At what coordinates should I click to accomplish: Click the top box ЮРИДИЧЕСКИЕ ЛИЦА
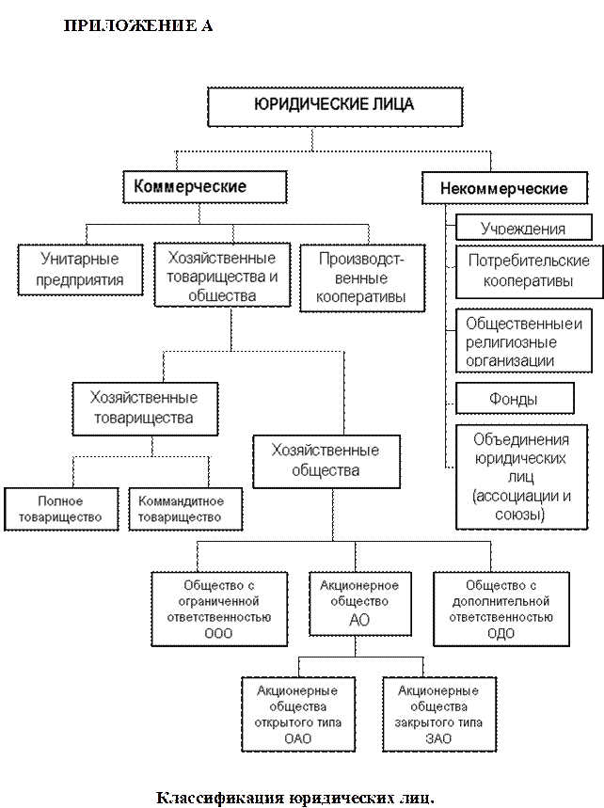(x=334, y=106)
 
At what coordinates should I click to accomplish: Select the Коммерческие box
(x=191, y=186)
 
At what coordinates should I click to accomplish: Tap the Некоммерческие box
(x=503, y=188)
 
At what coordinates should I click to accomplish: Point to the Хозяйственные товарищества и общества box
(x=222, y=277)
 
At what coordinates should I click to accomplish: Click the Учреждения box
(x=523, y=229)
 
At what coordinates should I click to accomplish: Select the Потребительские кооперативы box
(x=523, y=270)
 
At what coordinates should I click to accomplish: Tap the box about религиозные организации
(x=523, y=341)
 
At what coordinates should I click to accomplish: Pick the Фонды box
(x=514, y=399)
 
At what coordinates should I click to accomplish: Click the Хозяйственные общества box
(x=325, y=460)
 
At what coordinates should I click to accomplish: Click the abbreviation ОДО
(x=501, y=633)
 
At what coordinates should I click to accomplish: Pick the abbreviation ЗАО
(x=437, y=738)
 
